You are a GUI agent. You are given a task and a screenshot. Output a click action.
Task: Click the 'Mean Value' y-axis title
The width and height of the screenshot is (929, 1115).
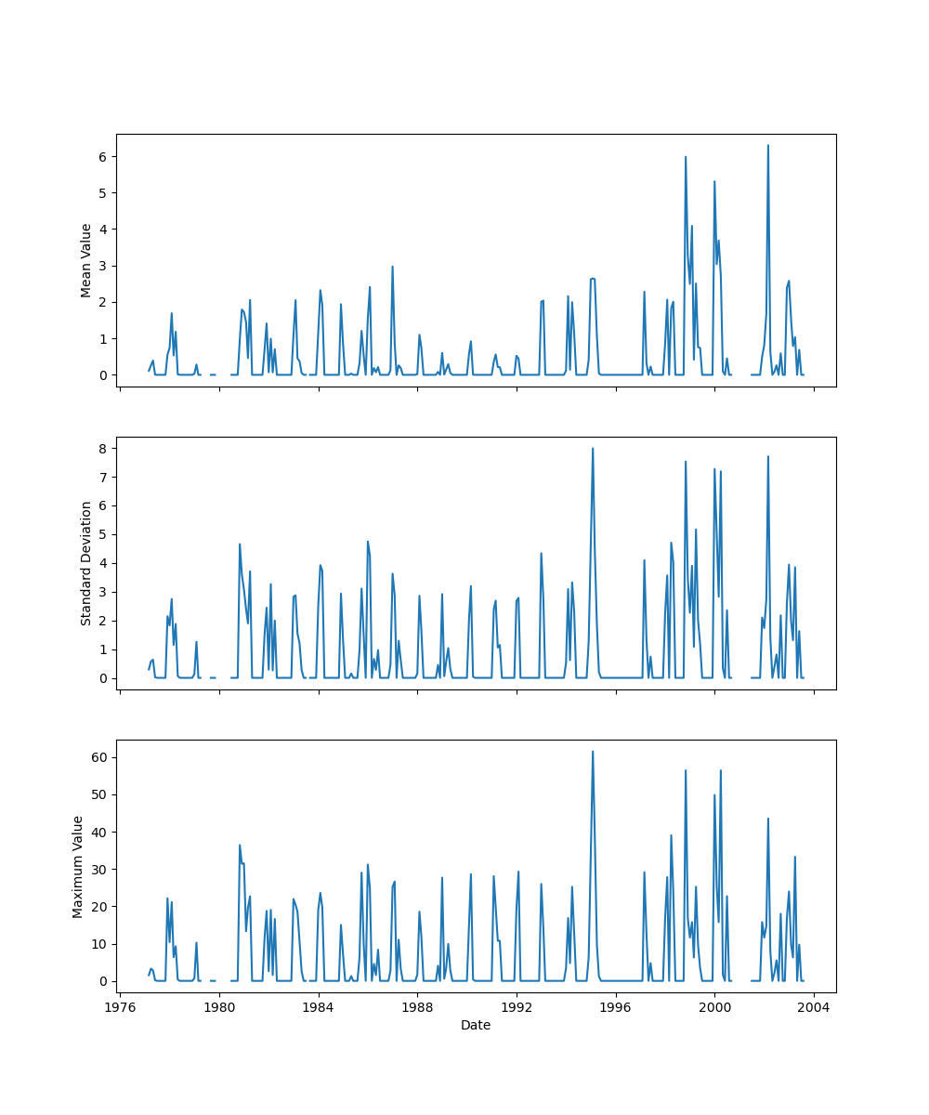click(86, 260)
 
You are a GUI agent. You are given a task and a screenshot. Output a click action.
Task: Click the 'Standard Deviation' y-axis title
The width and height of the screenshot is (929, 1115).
click(86, 563)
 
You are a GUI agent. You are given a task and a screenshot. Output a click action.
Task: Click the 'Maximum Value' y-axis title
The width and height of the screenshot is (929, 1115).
click(78, 866)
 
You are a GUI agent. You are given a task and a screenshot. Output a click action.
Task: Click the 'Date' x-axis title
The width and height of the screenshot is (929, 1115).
click(476, 1026)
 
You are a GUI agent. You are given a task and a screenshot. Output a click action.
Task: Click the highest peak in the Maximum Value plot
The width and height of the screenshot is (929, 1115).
click(593, 752)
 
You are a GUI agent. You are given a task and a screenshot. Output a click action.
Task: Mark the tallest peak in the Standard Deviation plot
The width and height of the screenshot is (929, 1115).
click(593, 449)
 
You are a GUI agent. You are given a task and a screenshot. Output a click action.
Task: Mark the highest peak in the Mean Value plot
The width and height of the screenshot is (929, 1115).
click(767, 146)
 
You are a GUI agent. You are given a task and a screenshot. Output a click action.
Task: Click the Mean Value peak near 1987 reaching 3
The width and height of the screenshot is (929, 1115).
click(392, 267)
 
